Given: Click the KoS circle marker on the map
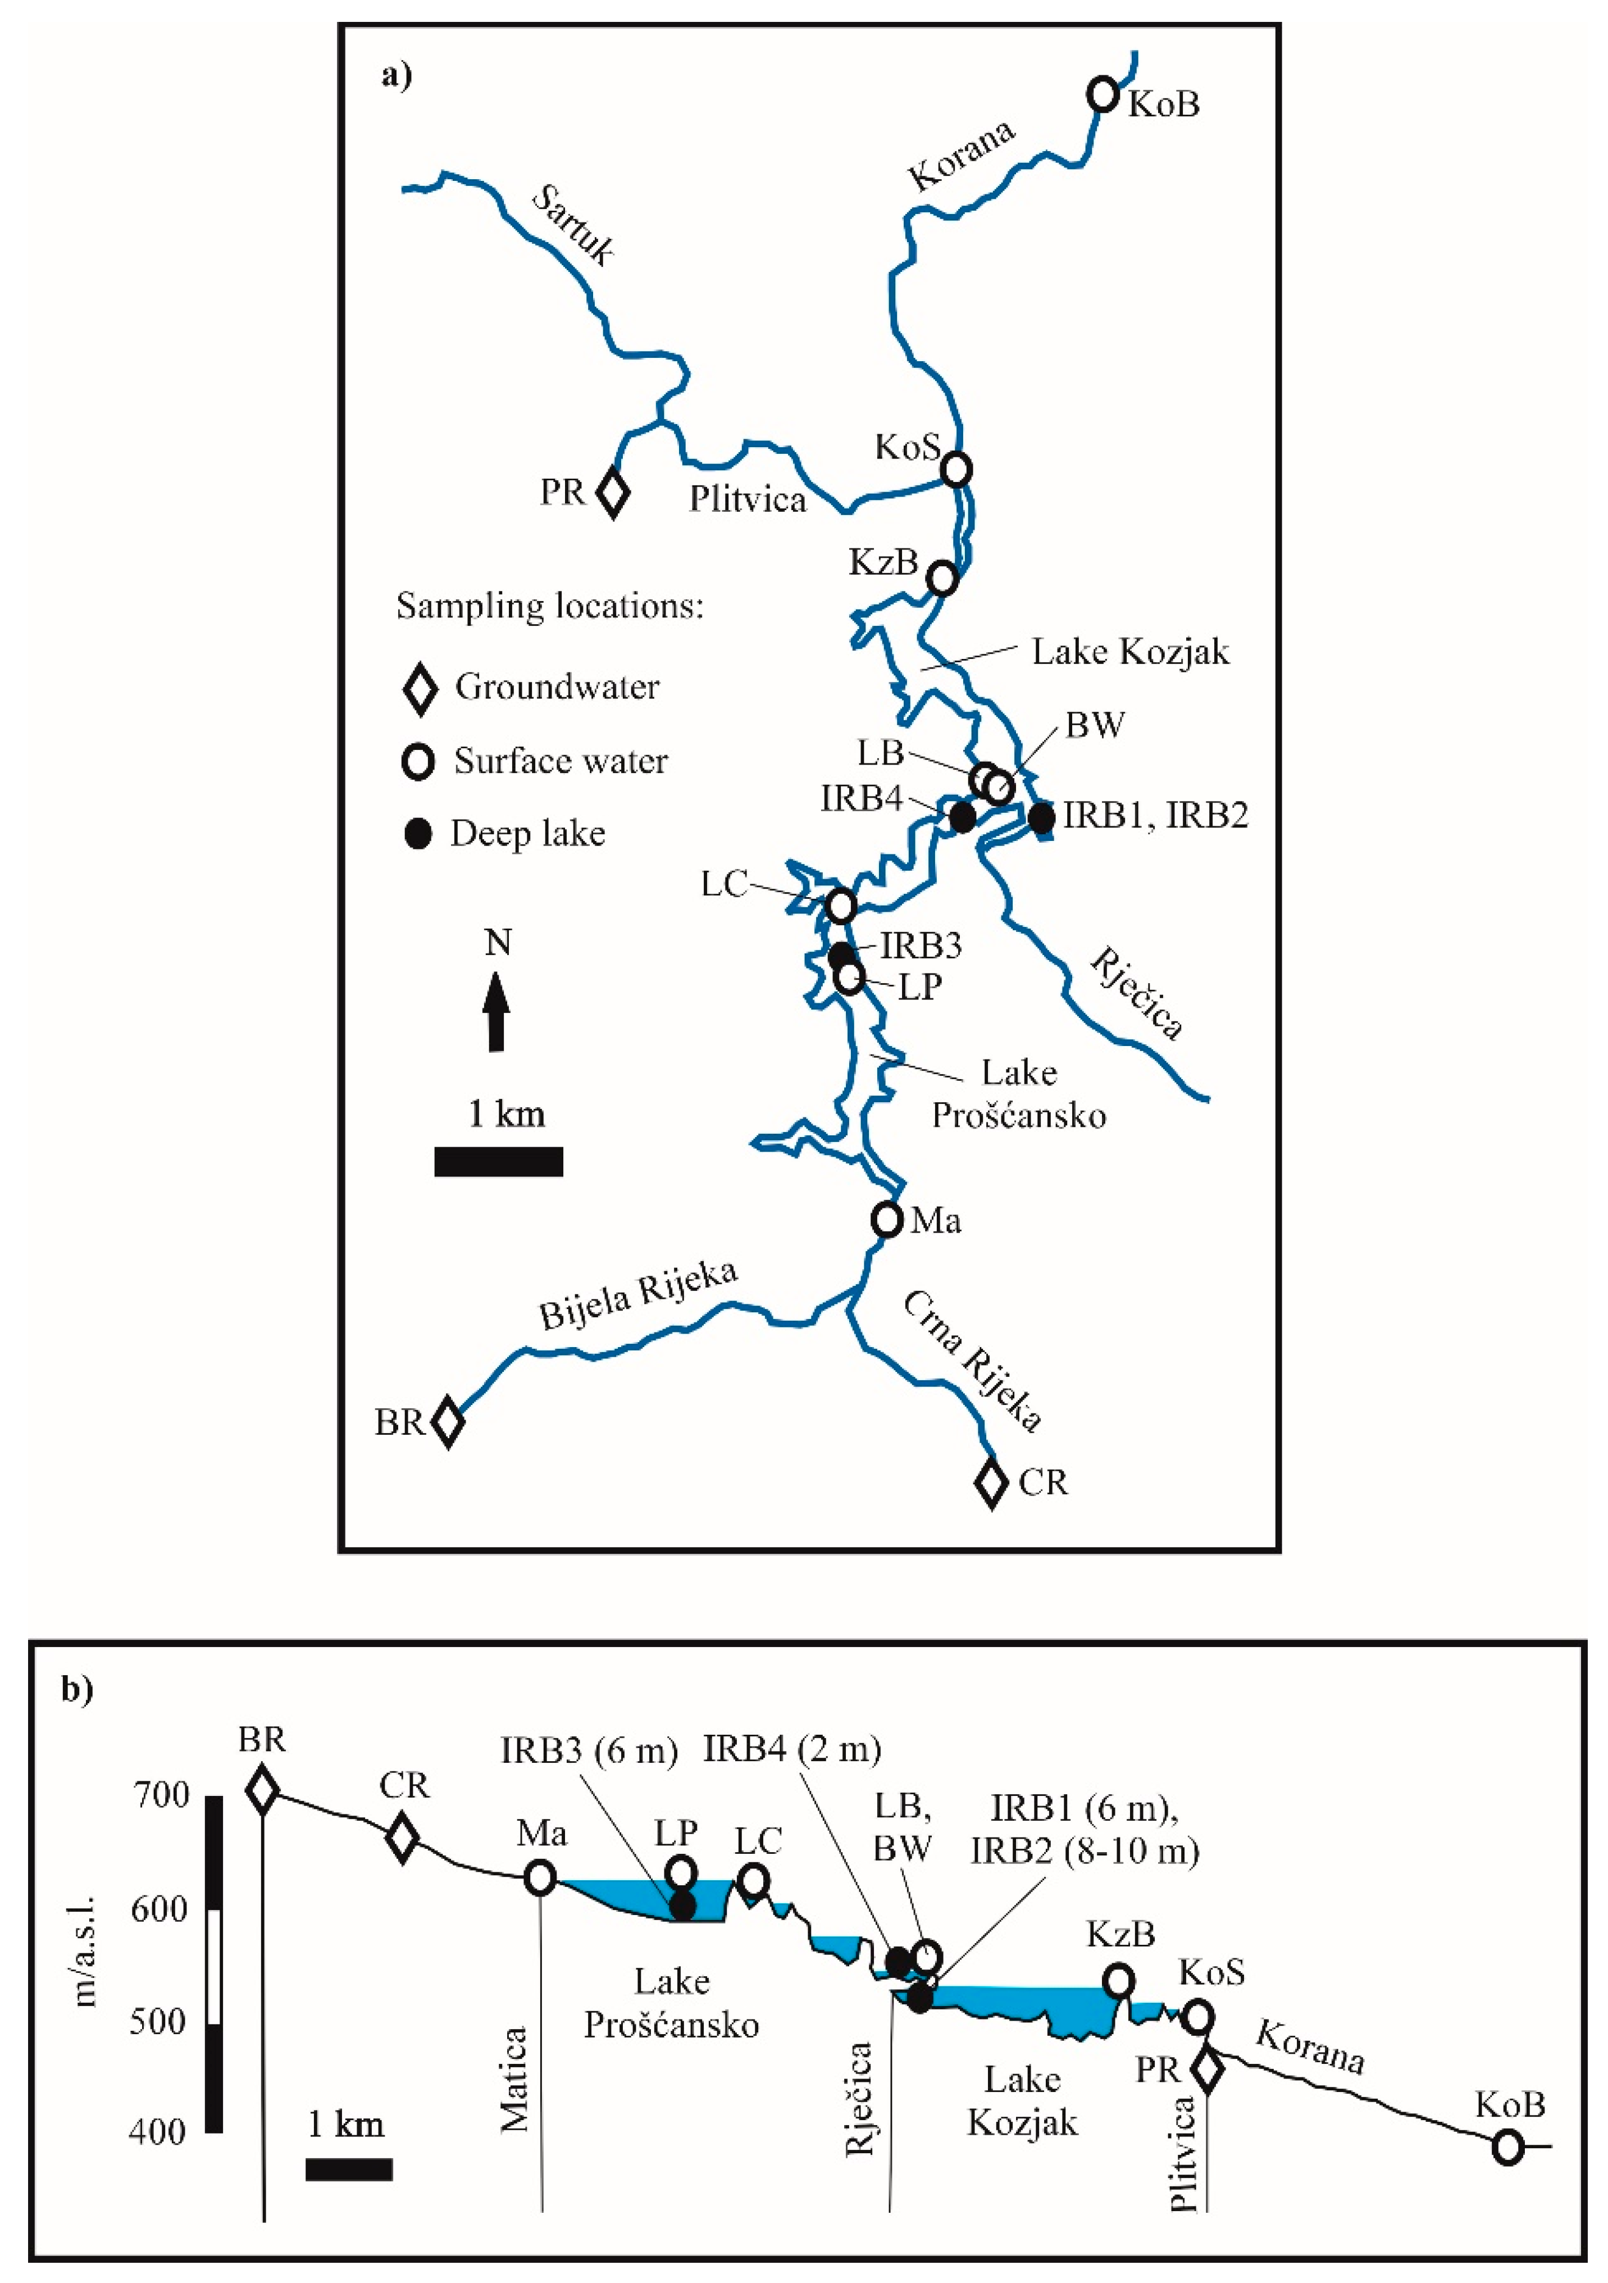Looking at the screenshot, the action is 956,469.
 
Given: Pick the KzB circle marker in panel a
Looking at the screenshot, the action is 942,577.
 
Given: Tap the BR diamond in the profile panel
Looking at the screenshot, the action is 262,1790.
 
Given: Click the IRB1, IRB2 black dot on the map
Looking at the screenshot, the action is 1041,817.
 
